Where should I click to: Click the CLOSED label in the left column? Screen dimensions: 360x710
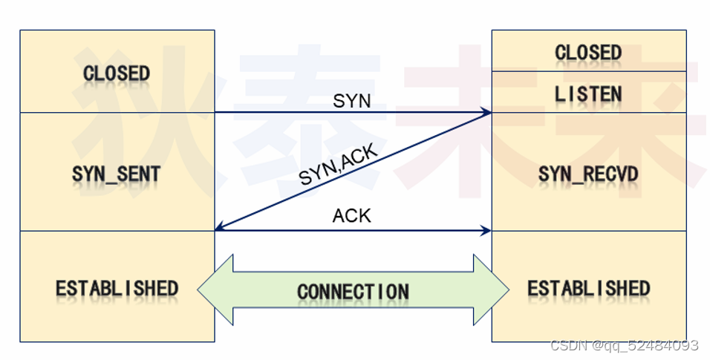point(117,73)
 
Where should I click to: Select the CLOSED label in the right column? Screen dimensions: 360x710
point(588,53)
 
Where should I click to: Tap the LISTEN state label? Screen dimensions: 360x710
point(588,94)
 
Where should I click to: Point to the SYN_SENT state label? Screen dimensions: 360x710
point(117,174)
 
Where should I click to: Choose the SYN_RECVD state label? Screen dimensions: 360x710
point(588,174)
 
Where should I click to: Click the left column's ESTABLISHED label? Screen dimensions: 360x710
point(117,288)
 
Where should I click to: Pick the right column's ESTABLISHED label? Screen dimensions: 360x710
point(588,288)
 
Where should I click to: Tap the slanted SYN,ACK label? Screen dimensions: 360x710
point(339,165)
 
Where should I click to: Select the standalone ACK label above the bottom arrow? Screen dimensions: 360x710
point(352,217)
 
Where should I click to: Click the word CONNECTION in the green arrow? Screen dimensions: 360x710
point(353,292)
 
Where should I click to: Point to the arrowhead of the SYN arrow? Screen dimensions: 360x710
point(487,113)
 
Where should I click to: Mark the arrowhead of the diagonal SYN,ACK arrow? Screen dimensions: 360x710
point(219,229)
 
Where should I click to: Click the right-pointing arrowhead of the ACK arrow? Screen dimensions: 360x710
point(487,231)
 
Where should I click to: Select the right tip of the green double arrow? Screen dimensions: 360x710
point(507,290)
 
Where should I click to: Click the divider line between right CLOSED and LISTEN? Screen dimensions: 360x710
point(588,72)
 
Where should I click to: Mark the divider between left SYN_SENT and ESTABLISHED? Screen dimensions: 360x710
point(117,231)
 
